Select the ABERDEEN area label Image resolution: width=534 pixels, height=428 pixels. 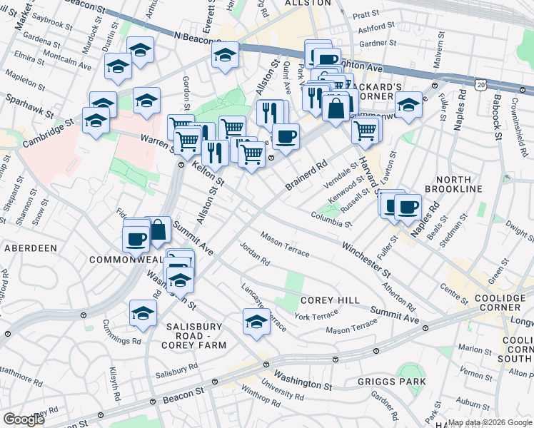coord(30,248)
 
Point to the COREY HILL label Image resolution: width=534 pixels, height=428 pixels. coord(330,301)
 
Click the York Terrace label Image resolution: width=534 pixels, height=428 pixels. coord(316,315)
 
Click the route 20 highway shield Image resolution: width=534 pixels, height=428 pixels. coord(483,84)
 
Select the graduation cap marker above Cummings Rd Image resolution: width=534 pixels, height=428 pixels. coord(143,313)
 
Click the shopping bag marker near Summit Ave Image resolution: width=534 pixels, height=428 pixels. coord(158,230)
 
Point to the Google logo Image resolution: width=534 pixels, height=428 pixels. coord(24,419)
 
